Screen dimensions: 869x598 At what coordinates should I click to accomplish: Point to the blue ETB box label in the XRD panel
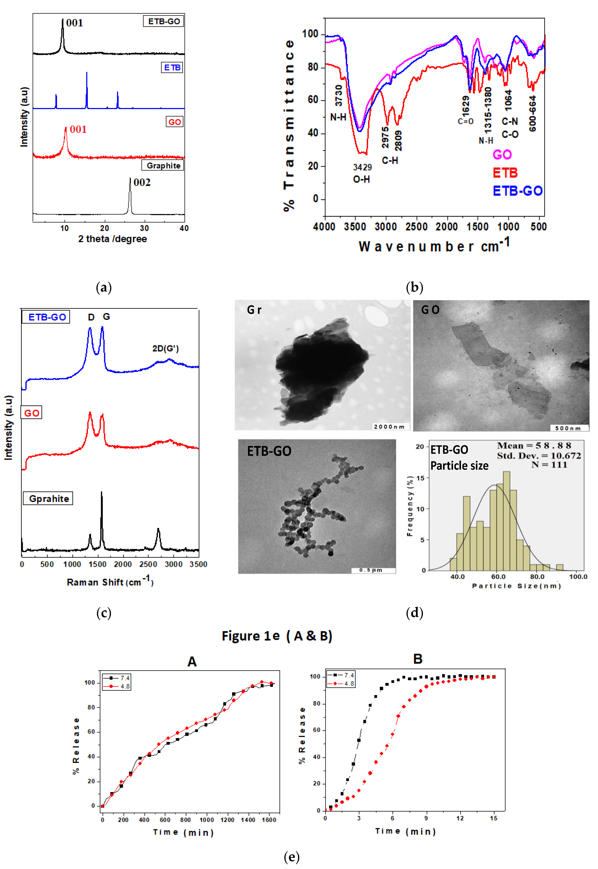172,68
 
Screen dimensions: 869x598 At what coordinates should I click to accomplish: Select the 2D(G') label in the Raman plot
165,348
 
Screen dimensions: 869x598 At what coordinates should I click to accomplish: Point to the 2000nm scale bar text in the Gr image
389,427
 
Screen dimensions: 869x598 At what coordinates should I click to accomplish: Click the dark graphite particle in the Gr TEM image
320,367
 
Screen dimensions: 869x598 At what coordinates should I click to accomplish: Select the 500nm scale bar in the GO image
568,428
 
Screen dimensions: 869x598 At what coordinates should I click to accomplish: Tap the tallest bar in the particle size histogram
506,520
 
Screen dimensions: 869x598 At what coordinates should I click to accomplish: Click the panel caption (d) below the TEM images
414,613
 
